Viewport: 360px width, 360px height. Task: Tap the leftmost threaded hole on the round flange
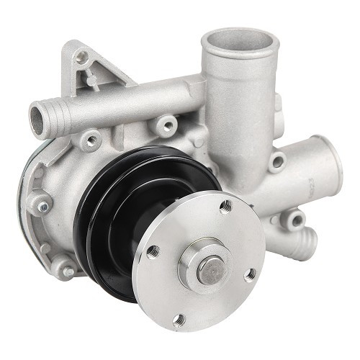point(153,251)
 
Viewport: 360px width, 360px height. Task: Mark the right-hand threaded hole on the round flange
point(250,274)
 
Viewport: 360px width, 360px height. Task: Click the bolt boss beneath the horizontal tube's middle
point(168,127)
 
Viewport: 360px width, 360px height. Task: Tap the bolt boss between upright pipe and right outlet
point(277,162)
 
